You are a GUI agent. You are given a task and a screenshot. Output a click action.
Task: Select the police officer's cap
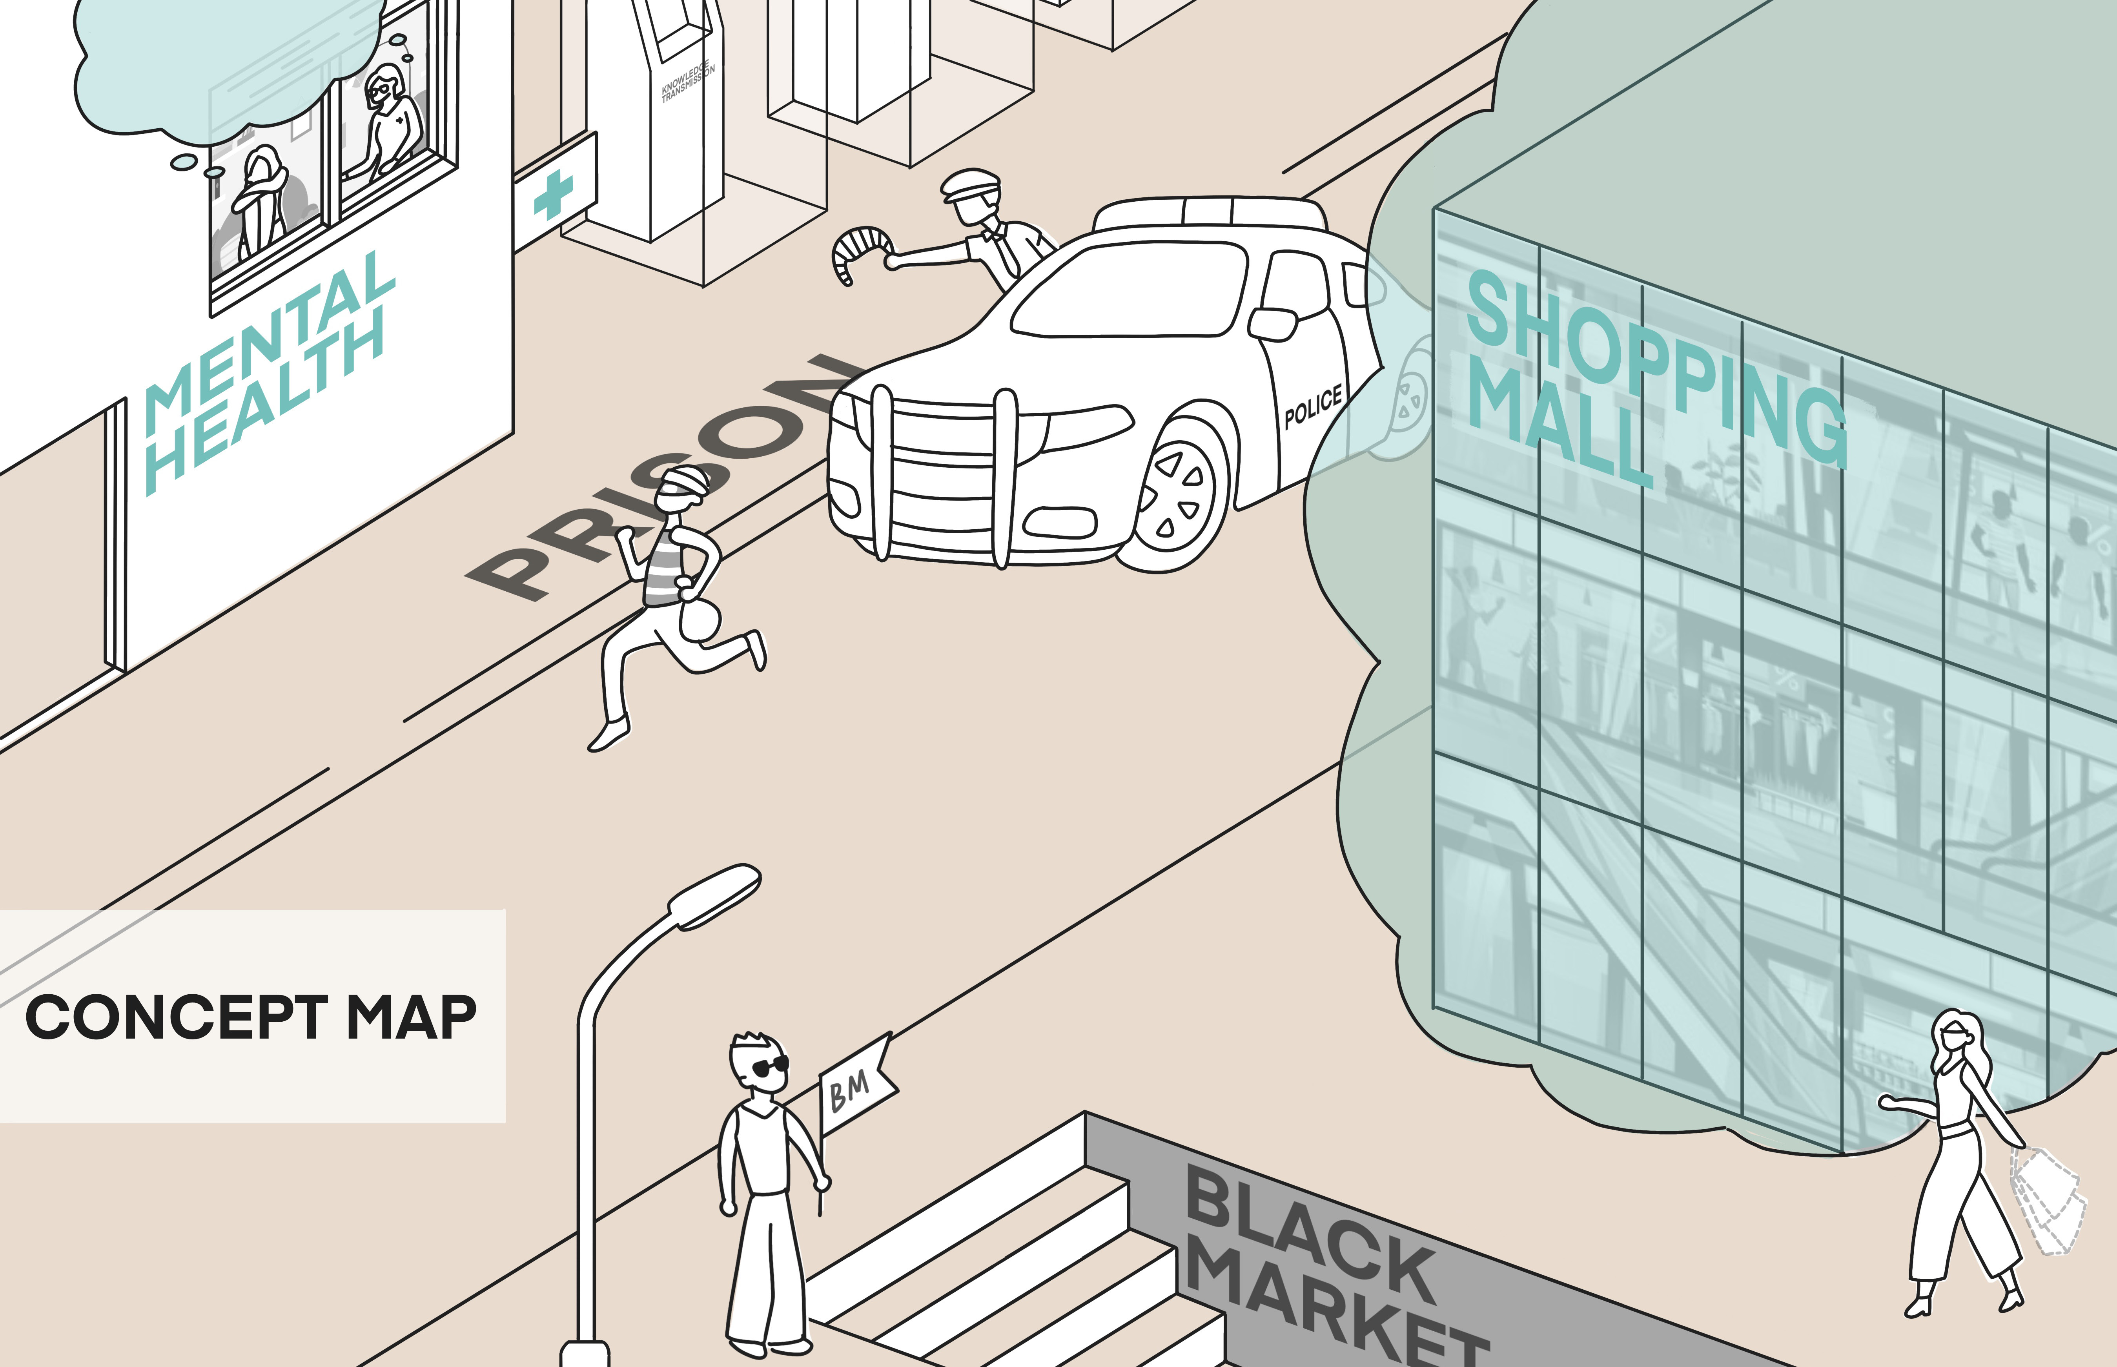pos(969,185)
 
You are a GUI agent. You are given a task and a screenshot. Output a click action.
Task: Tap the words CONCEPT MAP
pos(250,1017)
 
